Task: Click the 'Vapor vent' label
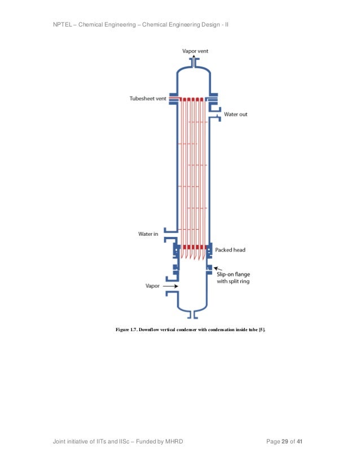[x=195, y=51]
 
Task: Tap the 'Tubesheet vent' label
[x=148, y=99]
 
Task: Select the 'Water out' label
[x=235, y=115]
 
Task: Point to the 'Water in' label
[x=148, y=234]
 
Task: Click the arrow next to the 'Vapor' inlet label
[x=170, y=286]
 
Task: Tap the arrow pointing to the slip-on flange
[x=217, y=269]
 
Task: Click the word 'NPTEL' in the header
[x=62, y=25]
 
